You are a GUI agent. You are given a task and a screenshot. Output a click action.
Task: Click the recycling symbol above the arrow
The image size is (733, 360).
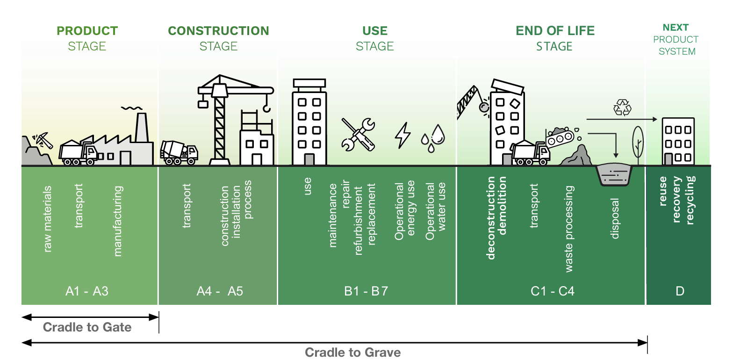[x=622, y=107]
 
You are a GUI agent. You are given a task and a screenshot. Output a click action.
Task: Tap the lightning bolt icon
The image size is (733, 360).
[x=402, y=135]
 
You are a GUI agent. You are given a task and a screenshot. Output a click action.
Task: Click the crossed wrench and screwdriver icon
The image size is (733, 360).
[x=358, y=134]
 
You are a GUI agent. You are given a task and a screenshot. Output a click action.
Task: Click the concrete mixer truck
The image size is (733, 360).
[x=179, y=152]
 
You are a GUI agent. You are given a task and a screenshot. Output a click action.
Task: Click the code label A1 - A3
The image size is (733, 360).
[x=87, y=291]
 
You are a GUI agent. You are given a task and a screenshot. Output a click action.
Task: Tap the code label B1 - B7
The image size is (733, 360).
[x=366, y=291]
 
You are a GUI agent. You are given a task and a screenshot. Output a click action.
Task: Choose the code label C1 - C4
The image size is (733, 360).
[x=553, y=291]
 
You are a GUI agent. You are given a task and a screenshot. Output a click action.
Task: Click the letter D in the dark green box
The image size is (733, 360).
[x=680, y=291]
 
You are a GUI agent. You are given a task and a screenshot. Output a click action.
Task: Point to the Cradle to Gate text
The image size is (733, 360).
[x=87, y=327]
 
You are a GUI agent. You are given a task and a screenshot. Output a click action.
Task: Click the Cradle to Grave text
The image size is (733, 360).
[x=353, y=352]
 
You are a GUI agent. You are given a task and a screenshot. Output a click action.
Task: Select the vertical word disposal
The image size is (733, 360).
[x=615, y=218]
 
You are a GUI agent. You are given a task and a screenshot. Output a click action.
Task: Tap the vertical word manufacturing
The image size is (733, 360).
[x=118, y=221]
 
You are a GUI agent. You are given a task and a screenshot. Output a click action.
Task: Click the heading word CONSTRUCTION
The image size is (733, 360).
[x=218, y=31]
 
